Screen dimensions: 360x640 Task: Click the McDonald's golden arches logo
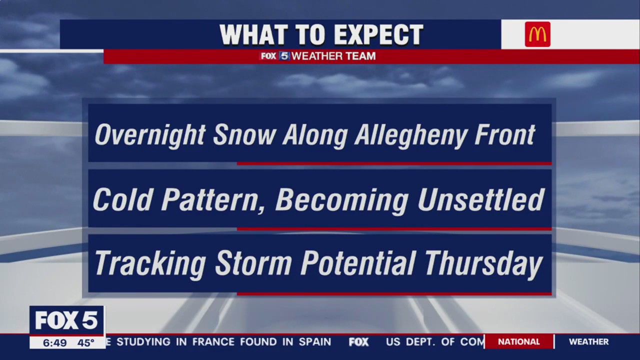(x=537, y=34)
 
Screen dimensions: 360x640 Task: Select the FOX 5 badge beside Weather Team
(x=275, y=56)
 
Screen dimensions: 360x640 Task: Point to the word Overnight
(x=150, y=135)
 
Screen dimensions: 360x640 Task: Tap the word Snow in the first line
(x=244, y=135)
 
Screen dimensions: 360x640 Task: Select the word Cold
(x=123, y=200)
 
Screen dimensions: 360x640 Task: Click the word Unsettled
(x=480, y=200)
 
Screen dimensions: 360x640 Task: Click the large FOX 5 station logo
(x=66, y=320)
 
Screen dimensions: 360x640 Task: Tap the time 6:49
(x=54, y=343)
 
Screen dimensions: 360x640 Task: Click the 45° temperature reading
(x=85, y=343)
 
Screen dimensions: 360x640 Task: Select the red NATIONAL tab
(x=518, y=342)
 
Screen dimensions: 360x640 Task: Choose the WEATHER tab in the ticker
(x=588, y=342)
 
